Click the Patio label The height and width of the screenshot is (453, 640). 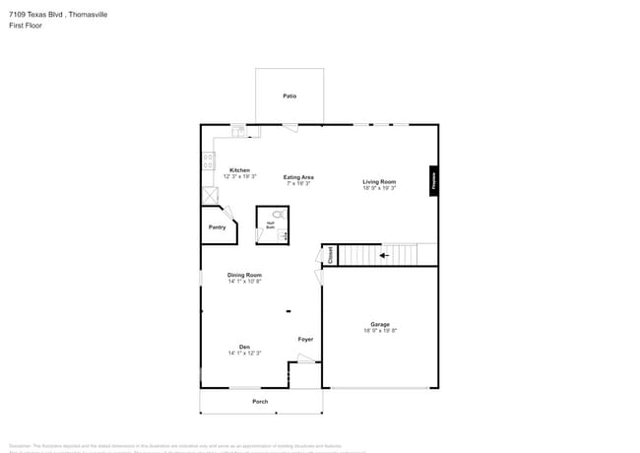(289, 97)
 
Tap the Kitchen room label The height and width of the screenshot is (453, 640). (239, 170)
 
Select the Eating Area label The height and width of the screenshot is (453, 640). (299, 177)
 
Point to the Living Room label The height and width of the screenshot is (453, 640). (379, 182)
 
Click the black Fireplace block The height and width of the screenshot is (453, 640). (432, 180)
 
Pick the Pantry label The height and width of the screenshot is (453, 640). (218, 227)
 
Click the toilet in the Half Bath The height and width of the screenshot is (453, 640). (278, 214)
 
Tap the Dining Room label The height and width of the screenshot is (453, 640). (244, 275)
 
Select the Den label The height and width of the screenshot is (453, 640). (244, 347)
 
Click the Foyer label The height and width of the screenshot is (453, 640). (305, 340)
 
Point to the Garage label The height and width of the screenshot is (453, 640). (380, 324)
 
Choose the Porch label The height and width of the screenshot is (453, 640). (260, 402)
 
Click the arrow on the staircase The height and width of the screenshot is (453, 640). (384, 255)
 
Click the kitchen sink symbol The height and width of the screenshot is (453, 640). (238, 130)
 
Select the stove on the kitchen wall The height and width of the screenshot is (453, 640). (208, 161)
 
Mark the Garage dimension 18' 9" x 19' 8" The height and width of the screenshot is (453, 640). (380, 331)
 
